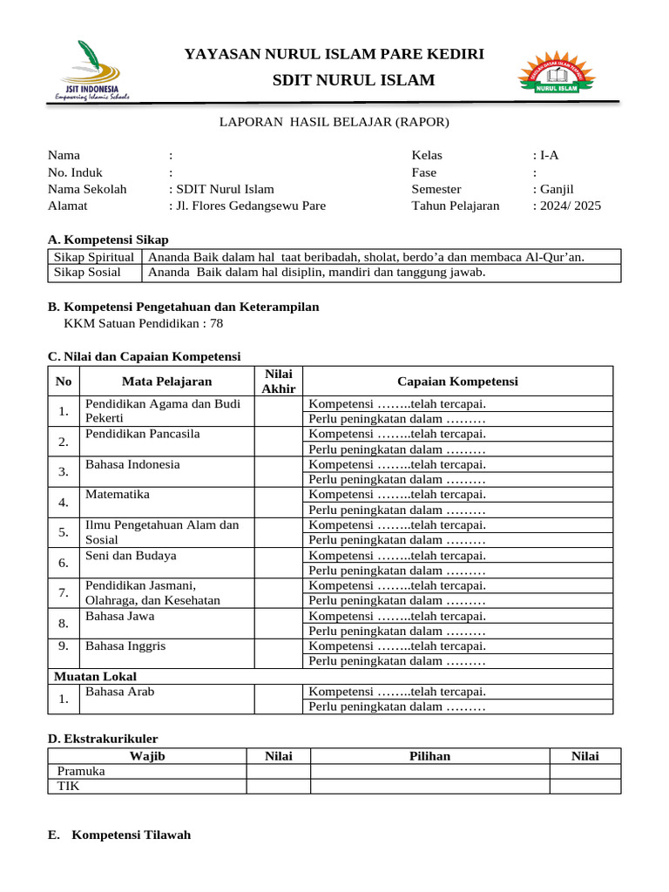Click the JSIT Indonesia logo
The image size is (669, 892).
point(91,71)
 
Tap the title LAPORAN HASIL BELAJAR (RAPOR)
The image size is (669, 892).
point(334,123)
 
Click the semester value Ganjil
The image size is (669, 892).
point(556,189)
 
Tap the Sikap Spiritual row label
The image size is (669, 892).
point(94,257)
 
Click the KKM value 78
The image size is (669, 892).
point(216,323)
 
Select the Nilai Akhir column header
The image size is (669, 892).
point(279,381)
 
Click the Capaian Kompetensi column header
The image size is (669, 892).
point(457,382)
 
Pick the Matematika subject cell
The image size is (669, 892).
point(118,495)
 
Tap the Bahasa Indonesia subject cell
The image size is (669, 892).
point(132,464)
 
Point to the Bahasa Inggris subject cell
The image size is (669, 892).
point(125,646)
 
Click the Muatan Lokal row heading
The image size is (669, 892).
point(95,676)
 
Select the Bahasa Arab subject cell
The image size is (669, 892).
point(120,692)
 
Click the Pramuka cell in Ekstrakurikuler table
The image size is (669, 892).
point(81,772)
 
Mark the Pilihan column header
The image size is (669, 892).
point(429,756)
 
